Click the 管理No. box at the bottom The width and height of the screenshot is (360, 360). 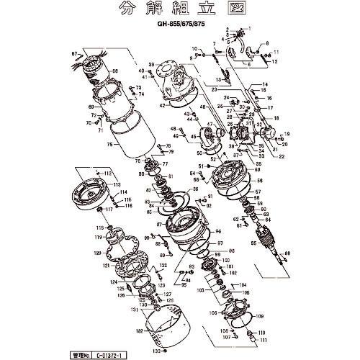(84, 354)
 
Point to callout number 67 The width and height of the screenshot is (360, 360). (74, 54)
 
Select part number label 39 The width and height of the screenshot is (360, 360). (152, 66)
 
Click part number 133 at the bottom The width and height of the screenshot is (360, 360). (94, 351)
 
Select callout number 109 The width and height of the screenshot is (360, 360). (259, 316)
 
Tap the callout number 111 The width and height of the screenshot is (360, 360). (264, 339)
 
